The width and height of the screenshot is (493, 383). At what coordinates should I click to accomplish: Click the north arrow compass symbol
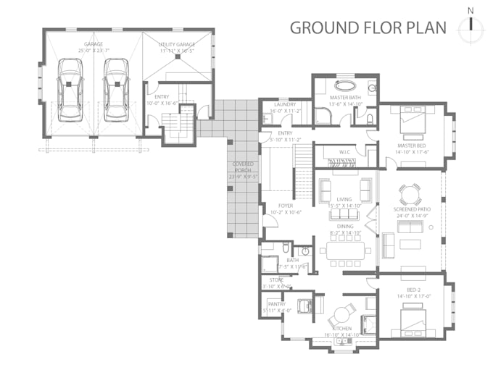(471, 25)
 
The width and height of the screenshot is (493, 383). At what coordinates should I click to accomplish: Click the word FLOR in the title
(382, 28)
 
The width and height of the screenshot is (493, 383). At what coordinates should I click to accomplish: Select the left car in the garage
(70, 89)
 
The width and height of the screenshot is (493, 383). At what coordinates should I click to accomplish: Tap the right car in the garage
(115, 89)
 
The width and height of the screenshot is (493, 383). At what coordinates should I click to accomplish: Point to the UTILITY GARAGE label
(177, 45)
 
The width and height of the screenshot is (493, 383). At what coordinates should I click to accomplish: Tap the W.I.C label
(345, 152)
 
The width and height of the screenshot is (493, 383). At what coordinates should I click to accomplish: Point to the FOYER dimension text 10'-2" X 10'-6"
(284, 212)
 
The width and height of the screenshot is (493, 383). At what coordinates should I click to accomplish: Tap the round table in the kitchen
(341, 315)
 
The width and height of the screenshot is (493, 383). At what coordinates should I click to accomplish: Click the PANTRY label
(276, 304)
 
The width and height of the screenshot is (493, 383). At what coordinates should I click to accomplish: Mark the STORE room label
(277, 279)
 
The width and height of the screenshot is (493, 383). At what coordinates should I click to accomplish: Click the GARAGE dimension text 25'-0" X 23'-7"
(93, 51)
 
